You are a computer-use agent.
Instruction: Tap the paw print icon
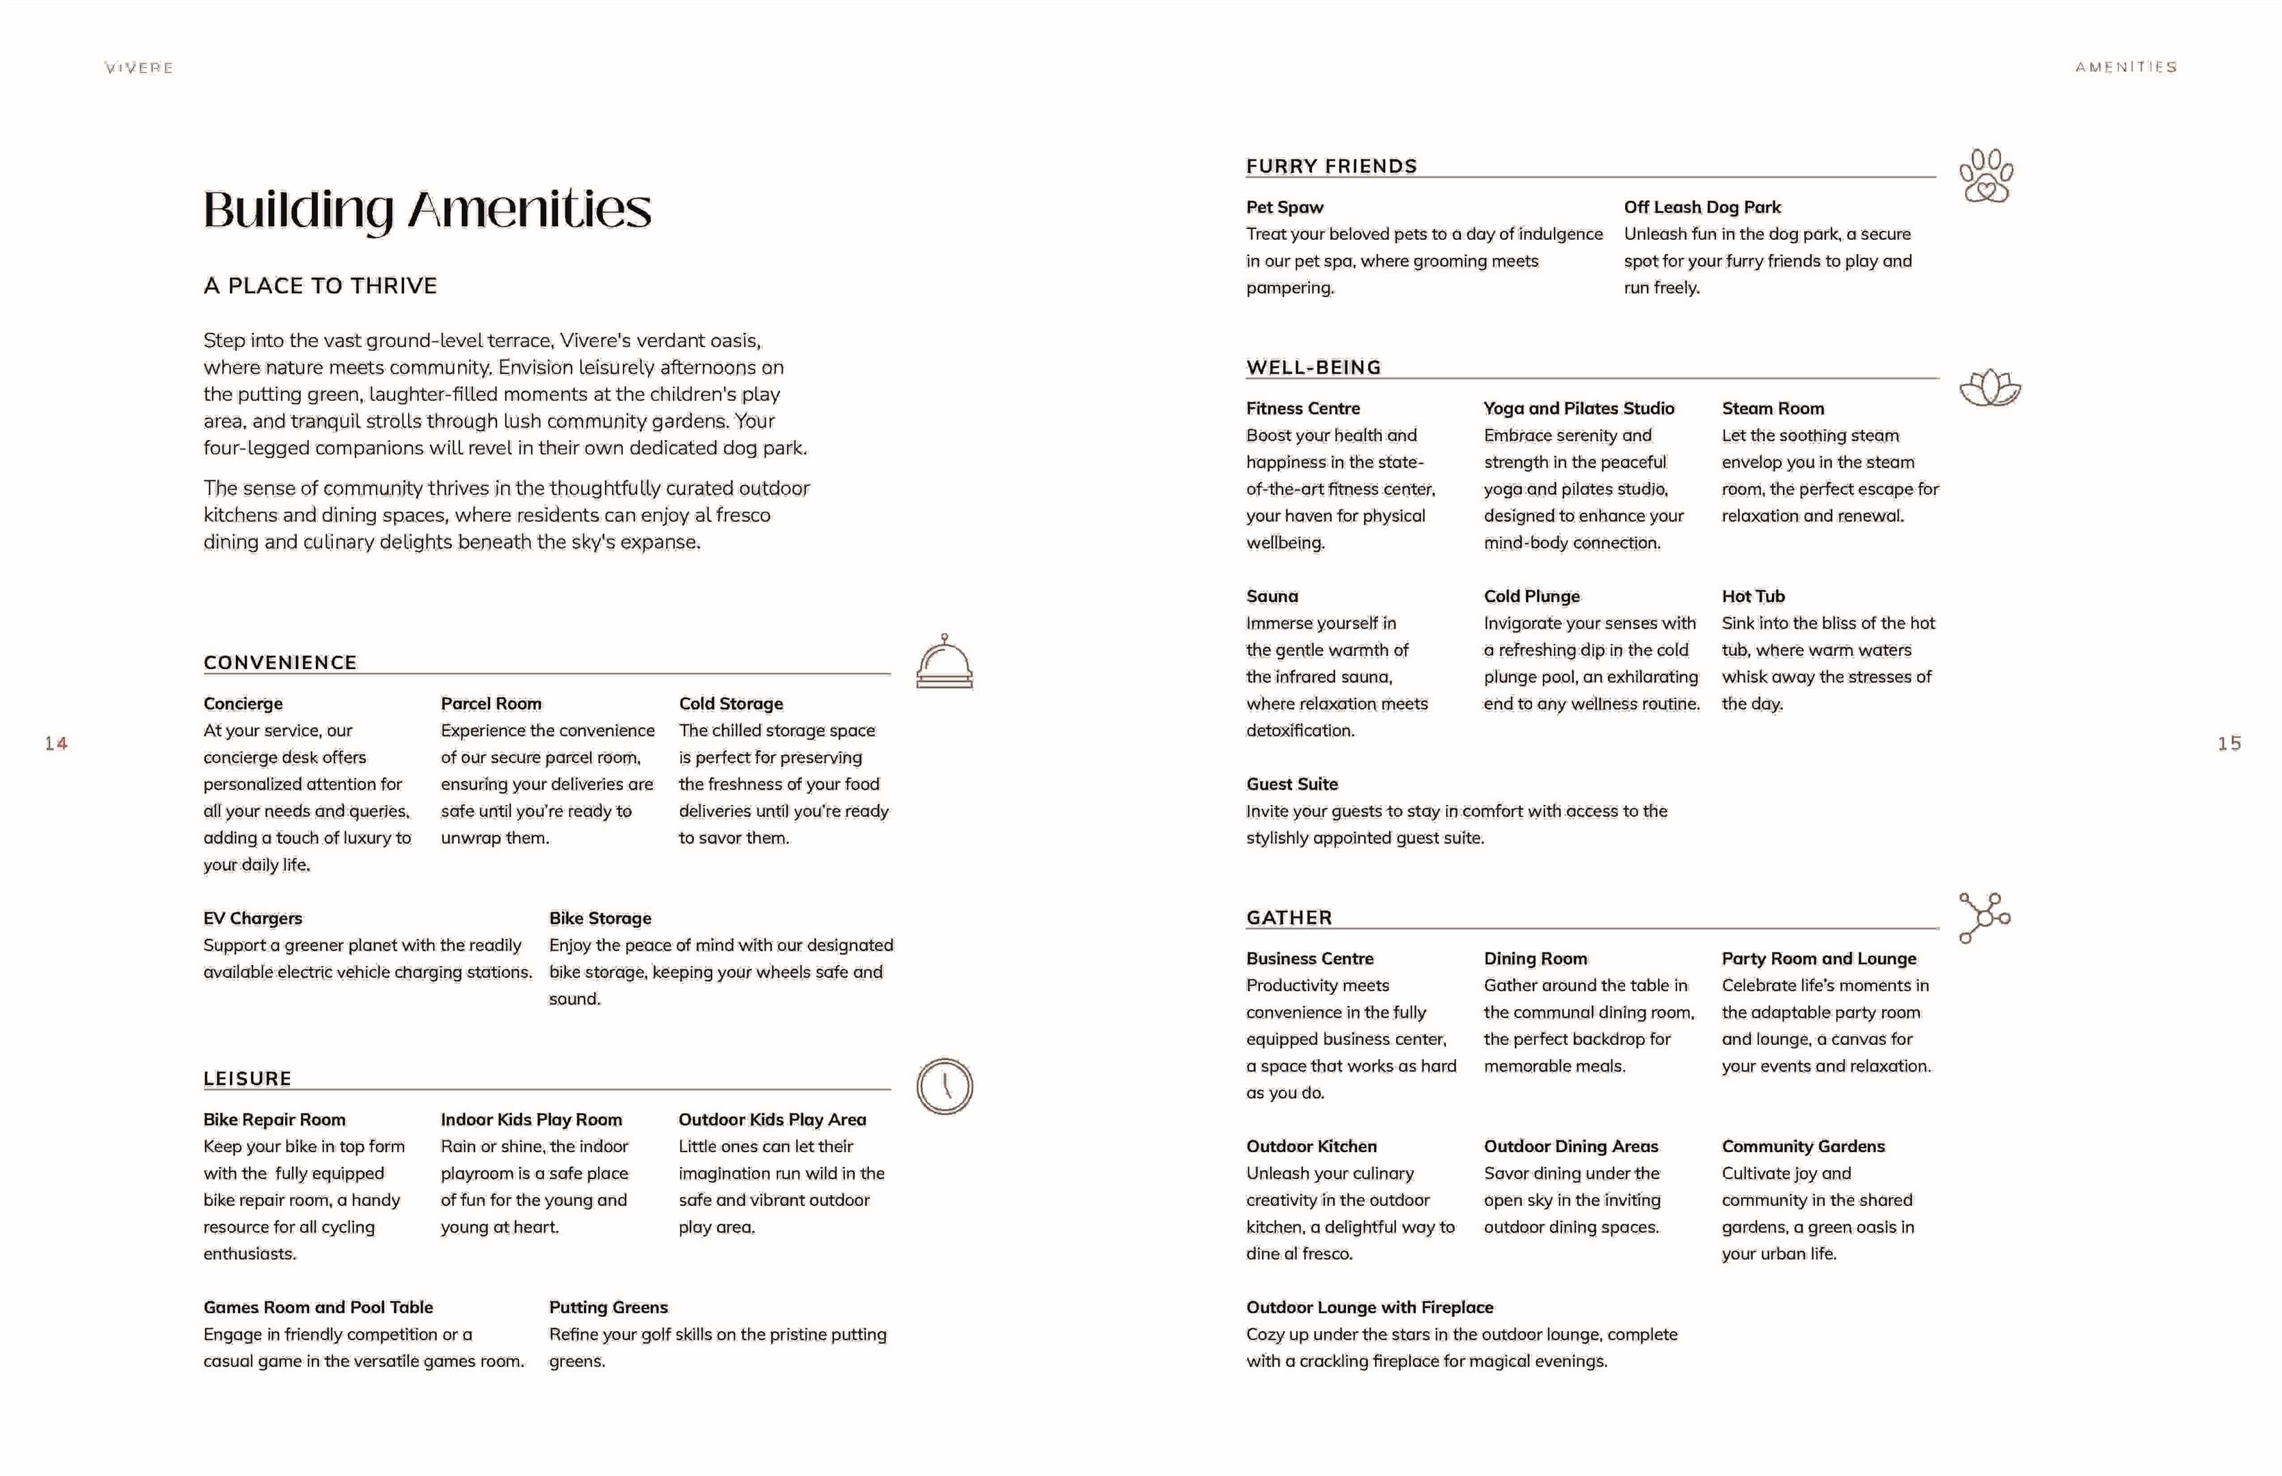point(1986,176)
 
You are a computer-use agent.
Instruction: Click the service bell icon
point(944,662)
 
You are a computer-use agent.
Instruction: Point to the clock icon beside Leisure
point(944,1086)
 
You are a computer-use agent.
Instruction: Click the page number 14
point(55,743)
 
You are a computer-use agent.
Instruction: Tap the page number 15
point(2229,743)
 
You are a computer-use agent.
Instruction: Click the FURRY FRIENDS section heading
point(1331,167)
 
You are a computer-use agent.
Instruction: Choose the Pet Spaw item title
point(1285,207)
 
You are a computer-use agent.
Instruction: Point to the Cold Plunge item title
point(1531,596)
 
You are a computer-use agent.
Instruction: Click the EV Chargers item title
point(252,918)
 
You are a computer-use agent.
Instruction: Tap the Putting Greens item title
point(608,1307)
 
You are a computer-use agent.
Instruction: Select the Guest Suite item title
point(1291,784)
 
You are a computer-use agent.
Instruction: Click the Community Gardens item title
point(1803,1147)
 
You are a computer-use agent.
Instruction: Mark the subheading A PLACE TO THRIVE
point(320,286)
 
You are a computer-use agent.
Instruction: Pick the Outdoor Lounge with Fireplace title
point(1369,1307)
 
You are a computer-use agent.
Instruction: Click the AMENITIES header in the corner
point(2125,67)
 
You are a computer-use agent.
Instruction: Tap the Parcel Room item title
point(491,704)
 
